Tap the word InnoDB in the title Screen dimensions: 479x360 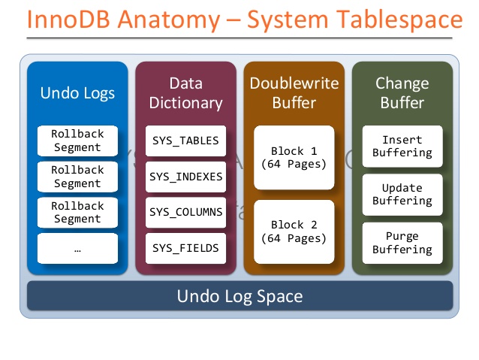pyautogui.click(x=68, y=20)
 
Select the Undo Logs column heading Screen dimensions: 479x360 pyautogui.click(x=77, y=93)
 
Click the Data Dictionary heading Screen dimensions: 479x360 pyautogui.click(x=185, y=93)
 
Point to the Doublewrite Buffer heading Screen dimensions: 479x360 pyautogui.click(x=294, y=93)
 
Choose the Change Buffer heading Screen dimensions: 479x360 pyautogui.click(x=402, y=93)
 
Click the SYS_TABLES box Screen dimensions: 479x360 pyautogui.click(x=185, y=141)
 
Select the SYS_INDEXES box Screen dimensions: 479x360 pyautogui.click(x=185, y=177)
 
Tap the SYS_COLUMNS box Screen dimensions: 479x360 pyautogui.click(x=185, y=212)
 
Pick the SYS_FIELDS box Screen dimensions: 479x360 pyautogui.click(x=185, y=248)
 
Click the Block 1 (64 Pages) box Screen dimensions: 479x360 pyautogui.click(x=294, y=158)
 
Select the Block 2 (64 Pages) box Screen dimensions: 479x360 pyautogui.click(x=294, y=231)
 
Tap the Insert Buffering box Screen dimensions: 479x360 pyautogui.click(x=402, y=147)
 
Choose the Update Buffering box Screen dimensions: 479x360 pyautogui.click(x=402, y=195)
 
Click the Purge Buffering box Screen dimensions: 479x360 pyautogui.click(x=402, y=243)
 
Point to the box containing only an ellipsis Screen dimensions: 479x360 pyautogui.click(x=77, y=248)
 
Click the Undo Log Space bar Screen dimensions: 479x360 pyautogui.click(x=239, y=296)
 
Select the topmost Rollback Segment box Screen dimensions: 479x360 pyautogui.click(x=77, y=141)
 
